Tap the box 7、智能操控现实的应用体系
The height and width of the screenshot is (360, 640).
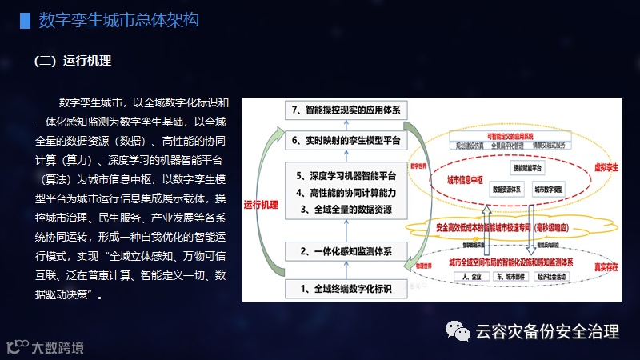tap(345, 109)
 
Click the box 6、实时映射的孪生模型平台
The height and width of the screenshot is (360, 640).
tap(345, 140)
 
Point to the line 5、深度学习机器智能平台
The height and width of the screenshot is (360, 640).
tap(346, 176)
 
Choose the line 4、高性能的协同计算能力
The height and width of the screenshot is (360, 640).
tap(346, 193)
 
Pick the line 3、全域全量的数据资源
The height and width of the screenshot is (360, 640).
tap(346, 210)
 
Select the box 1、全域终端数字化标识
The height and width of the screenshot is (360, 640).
tap(345, 287)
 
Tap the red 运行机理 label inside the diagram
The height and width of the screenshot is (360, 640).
tap(260, 205)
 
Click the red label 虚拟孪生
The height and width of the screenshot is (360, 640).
tap(601, 170)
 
